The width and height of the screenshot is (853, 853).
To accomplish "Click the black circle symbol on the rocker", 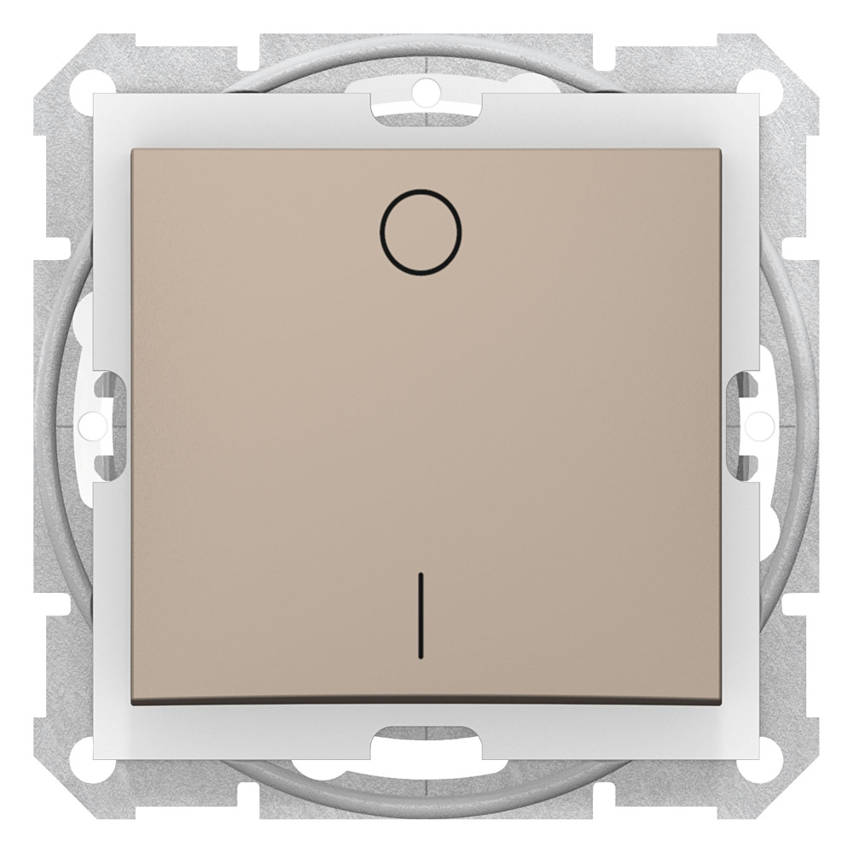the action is (421, 190).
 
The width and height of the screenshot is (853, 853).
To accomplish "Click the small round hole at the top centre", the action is (426, 87).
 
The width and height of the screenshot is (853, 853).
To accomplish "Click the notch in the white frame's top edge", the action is (426, 107).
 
